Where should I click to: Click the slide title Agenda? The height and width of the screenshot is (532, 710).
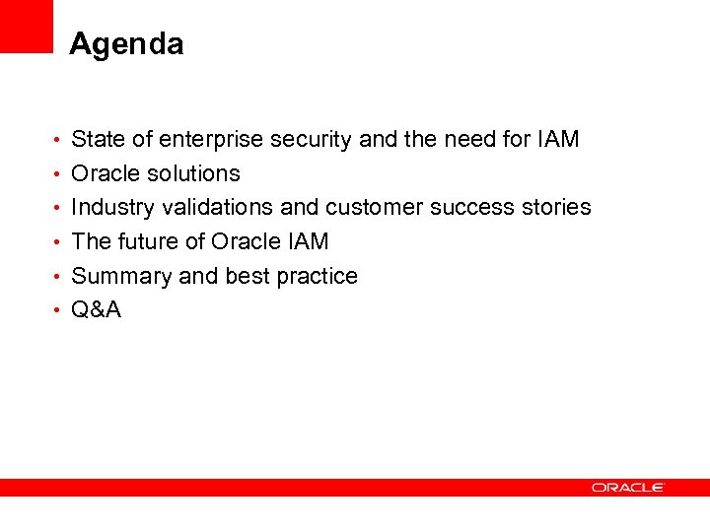(x=126, y=44)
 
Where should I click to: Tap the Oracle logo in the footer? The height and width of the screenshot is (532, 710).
(x=628, y=488)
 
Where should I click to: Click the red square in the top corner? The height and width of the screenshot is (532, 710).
(x=26, y=26)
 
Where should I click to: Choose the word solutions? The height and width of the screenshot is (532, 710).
(x=196, y=174)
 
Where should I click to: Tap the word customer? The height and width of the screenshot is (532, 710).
(x=374, y=208)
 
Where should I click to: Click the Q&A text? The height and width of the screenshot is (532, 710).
(x=97, y=310)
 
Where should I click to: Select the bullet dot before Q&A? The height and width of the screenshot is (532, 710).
(x=59, y=311)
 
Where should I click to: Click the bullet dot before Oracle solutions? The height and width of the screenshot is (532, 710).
(x=59, y=175)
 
